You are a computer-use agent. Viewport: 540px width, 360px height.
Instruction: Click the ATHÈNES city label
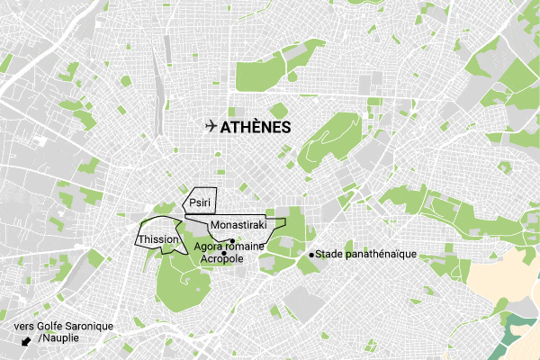(256, 127)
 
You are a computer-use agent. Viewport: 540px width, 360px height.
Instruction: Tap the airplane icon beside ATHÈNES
(211, 126)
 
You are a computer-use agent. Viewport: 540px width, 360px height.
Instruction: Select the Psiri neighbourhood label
(200, 204)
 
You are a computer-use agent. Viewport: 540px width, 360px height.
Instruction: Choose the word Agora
(210, 247)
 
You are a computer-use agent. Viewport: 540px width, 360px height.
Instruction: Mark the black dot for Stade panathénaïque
(311, 255)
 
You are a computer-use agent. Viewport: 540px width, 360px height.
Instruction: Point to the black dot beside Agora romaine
(231, 240)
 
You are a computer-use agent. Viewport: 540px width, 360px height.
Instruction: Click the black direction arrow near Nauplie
(25, 342)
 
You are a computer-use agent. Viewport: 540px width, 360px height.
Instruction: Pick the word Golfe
(41, 325)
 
